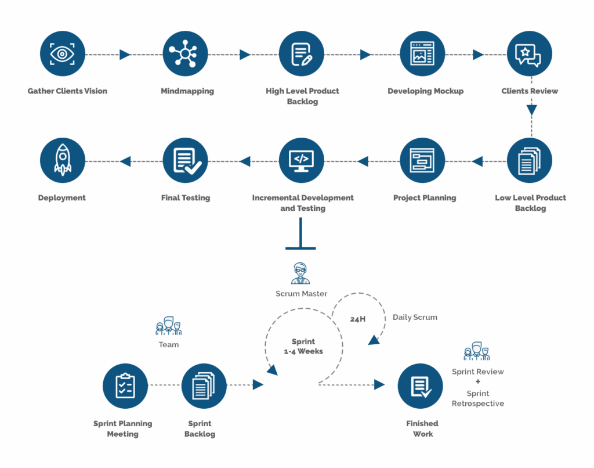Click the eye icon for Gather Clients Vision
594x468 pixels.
(x=63, y=54)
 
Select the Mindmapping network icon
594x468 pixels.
(x=185, y=54)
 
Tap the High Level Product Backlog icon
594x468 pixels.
(x=301, y=54)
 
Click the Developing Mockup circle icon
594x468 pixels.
(x=423, y=54)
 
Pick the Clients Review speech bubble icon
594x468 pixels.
(x=529, y=54)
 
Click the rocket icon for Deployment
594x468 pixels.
(x=63, y=161)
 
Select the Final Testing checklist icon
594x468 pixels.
(x=185, y=161)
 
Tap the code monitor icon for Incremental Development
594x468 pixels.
(x=301, y=161)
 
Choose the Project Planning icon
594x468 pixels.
(x=423, y=161)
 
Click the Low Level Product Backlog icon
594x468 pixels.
(x=529, y=161)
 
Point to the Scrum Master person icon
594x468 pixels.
(x=300, y=273)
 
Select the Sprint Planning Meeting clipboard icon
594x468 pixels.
(x=125, y=386)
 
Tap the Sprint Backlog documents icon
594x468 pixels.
(x=204, y=386)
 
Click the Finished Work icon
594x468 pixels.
(x=420, y=386)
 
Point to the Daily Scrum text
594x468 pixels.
(x=415, y=317)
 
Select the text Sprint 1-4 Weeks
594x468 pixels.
(x=303, y=347)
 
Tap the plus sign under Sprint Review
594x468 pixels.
(x=477, y=382)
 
